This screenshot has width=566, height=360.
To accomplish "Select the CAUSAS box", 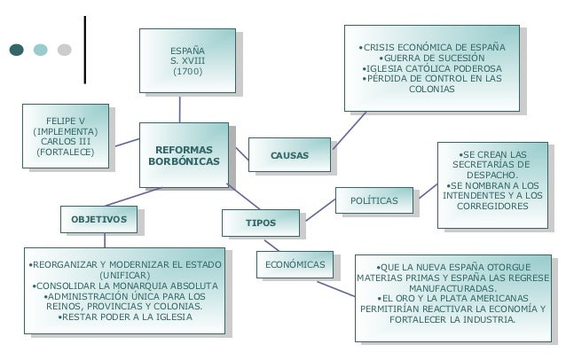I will [x=289, y=156].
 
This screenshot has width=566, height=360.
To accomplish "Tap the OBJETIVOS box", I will [x=98, y=218].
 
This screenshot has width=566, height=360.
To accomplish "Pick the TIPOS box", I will [x=261, y=223].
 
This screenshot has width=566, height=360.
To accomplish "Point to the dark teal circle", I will [x=17, y=51].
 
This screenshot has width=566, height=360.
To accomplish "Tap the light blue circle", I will [x=41, y=51].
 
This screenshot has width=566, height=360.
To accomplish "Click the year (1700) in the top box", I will [x=187, y=71].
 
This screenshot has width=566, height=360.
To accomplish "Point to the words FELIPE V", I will [x=67, y=120].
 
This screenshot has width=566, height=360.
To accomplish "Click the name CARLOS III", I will [x=67, y=142].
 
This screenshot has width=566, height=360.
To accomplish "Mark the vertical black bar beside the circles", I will [x=85, y=50].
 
